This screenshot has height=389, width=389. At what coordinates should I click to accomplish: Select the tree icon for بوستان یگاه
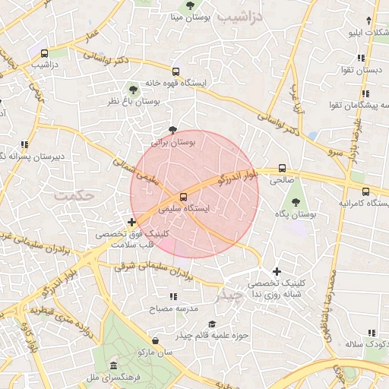tap(296, 202)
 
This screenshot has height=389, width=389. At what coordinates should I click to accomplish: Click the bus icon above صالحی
tap(283, 169)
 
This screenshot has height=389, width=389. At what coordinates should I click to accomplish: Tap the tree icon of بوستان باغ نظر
tap(134, 89)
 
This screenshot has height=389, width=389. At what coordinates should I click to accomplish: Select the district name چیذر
tap(227, 294)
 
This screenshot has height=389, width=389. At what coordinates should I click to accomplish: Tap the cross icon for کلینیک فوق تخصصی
tap(132, 223)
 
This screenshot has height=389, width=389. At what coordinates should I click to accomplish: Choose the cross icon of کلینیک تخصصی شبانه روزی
tap(277, 271)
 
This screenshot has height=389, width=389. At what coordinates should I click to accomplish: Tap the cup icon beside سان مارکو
tap(156, 340)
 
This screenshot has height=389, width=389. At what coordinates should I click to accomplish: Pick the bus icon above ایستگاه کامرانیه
tap(365, 191)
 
